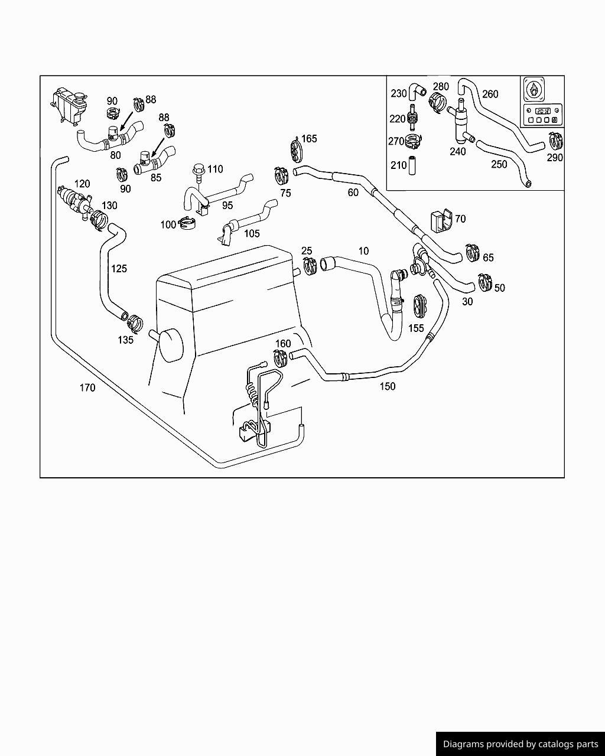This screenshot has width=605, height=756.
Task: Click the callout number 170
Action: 87,388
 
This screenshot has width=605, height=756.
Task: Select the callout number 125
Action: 119,269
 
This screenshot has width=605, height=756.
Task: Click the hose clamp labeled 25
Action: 310,266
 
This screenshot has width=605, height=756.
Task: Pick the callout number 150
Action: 388,386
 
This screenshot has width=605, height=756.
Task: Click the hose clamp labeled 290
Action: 556,142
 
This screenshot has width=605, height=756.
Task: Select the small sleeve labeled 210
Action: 412,165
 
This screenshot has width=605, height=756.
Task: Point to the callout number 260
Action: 490,94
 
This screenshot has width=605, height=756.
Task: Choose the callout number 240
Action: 458,151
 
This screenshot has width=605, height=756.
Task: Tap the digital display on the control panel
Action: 542,111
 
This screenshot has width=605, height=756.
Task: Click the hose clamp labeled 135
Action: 135,323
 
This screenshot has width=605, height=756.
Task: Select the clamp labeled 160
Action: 281,358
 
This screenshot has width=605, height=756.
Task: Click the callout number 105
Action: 252,234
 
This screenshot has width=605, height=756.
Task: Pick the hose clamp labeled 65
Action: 473,253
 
